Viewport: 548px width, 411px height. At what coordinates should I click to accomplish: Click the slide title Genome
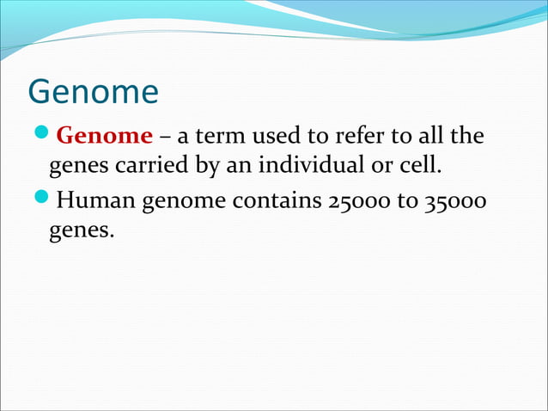[x=93, y=92]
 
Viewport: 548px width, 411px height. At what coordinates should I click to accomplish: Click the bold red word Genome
[x=104, y=136]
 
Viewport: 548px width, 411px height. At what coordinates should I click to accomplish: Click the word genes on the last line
[x=80, y=230]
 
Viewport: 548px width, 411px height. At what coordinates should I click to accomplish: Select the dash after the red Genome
[x=164, y=137]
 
